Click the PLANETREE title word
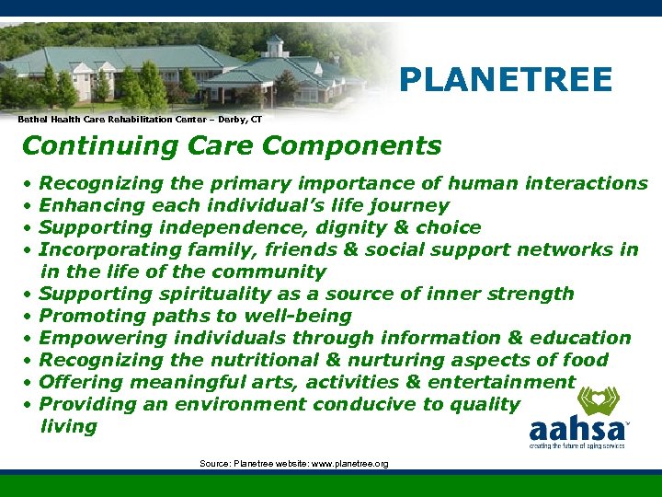point(505,80)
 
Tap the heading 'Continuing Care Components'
point(231,145)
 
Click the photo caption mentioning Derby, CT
point(140,120)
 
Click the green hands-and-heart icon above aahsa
point(599,400)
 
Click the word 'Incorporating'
point(104,249)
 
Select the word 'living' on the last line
point(68,426)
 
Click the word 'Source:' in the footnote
point(214,464)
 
